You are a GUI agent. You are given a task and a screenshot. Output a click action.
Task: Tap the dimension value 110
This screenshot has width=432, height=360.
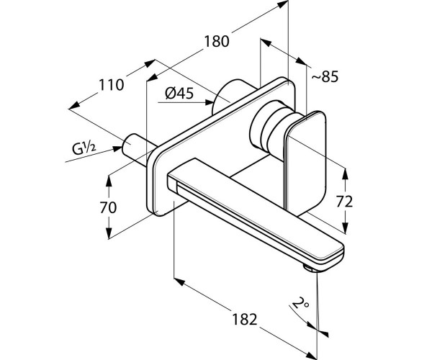(111, 84)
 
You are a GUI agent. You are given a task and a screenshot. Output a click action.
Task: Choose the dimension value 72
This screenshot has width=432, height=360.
(344, 202)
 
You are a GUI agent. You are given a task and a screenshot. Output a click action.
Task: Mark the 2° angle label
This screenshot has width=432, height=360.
(300, 304)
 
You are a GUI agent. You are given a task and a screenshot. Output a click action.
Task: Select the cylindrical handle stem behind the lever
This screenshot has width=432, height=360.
(267, 129)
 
